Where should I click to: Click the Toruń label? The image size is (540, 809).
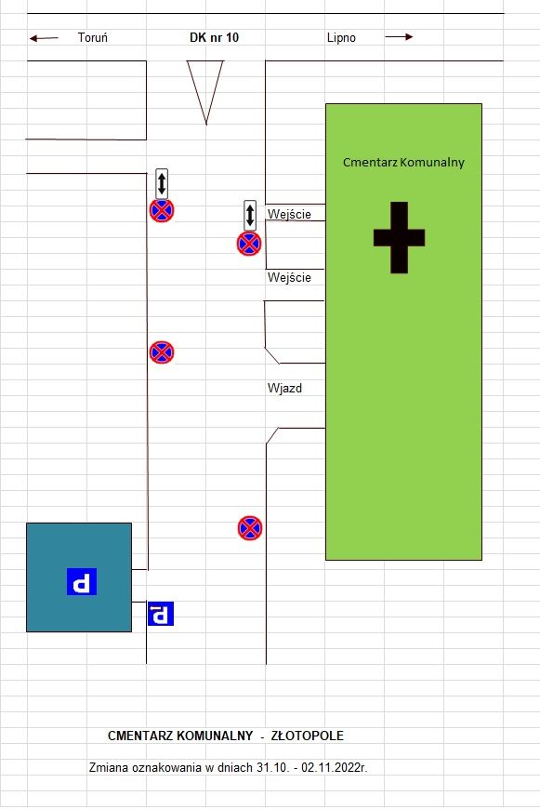coord(93,37)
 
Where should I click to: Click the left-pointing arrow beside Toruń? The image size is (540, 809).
coord(44,38)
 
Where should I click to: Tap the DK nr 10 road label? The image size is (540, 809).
coord(214,37)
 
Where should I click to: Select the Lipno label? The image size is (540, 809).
coord(341,38)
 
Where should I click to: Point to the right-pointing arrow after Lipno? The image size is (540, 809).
coord(399,36)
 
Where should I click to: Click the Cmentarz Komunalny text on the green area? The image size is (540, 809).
coord(404,162)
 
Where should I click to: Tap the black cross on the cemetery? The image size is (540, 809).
coord(400,237)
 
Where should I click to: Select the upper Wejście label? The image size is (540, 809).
coord(289,214)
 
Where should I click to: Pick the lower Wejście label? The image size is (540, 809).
coord(289,278)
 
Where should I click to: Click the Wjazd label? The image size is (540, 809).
coord(284,388)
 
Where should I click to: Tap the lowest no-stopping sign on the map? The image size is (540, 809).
coord(250,528)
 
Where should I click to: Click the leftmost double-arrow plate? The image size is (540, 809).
coord(162,184)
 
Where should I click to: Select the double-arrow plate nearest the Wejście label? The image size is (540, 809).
coord(250,215)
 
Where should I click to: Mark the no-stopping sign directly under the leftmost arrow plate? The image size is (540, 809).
coord(162,210)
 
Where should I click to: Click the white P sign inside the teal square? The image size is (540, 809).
coord(82,581)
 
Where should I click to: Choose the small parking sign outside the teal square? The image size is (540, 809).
coord(161,614)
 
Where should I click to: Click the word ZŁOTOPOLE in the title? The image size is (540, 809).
coord(308,736)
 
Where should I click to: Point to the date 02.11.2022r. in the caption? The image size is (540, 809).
coord(335,767)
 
